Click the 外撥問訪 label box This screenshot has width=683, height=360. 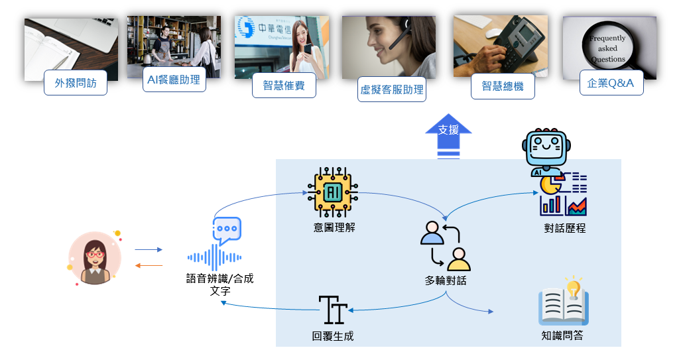tap(76, 84)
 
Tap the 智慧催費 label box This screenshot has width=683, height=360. tap(284, 86)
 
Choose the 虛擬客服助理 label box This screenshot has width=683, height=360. tap(391, 90)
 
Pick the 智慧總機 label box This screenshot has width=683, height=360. tap(503, 86)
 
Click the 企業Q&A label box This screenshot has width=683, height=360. tap(611, 83)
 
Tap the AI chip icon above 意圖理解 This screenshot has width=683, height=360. tap(333, 192)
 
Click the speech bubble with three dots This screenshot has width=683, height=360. tap(227, 229)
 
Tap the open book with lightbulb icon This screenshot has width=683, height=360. tap(564, 302)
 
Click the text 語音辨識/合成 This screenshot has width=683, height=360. tap(219, 279)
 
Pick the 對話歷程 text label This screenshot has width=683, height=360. tap(564, 229)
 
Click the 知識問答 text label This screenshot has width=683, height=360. tap(562, 335)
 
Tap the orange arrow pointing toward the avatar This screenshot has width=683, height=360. tap(149, 265)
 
